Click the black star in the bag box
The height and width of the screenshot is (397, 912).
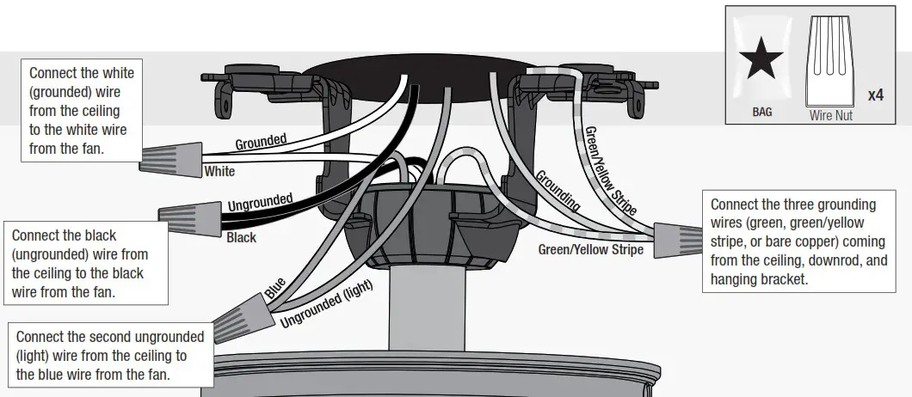761,62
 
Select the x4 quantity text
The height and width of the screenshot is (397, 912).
875,95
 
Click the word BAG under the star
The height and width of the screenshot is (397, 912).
761,112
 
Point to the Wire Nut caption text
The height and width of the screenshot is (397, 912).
831,114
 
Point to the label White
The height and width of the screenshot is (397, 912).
219,172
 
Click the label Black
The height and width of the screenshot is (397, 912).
241,238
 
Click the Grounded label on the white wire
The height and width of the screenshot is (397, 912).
262,142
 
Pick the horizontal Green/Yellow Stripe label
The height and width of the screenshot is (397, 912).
590,250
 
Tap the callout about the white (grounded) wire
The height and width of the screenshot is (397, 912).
82,110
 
